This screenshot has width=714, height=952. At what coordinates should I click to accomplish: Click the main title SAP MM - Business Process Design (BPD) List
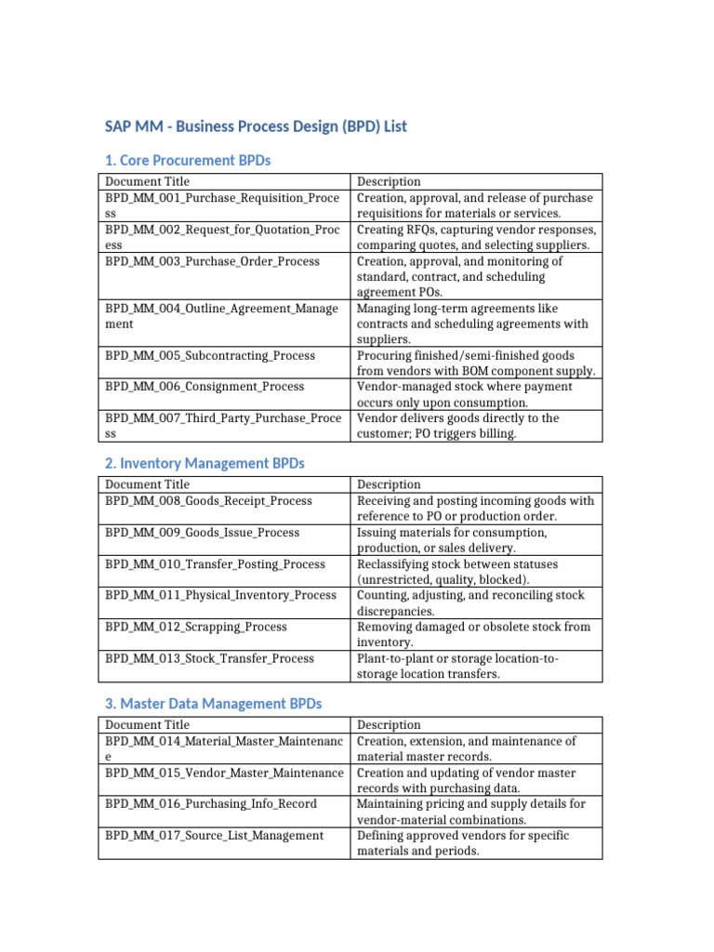click(255, 126)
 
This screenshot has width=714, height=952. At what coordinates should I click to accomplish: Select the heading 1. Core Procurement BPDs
click(187, 160)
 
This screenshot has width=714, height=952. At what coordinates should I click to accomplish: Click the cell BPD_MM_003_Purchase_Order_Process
click(212, 261)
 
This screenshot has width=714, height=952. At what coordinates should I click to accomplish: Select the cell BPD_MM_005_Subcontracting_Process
click(210, 356)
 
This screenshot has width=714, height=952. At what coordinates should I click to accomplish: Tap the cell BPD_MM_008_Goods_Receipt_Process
click(208, 501)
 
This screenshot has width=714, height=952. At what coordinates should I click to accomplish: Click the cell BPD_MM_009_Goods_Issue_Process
click(203, 533)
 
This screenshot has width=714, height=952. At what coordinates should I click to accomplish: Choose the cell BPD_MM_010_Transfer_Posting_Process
click(215, 564)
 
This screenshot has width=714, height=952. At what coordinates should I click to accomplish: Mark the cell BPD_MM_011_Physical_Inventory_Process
click(220, 595)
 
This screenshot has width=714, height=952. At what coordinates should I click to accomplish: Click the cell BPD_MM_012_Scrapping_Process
click(196, 627)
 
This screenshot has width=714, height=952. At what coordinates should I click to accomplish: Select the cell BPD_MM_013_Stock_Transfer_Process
click(209, 658)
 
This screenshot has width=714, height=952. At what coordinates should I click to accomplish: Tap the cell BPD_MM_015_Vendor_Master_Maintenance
click(224, 773)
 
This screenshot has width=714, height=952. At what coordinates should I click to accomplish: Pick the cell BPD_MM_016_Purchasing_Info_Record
click(211, 804)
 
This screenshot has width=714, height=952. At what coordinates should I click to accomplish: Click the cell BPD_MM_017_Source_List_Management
click(214, 836)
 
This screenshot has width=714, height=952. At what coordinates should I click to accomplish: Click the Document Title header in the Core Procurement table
click(147, 181)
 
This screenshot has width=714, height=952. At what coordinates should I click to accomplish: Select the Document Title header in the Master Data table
click(147, 725)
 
